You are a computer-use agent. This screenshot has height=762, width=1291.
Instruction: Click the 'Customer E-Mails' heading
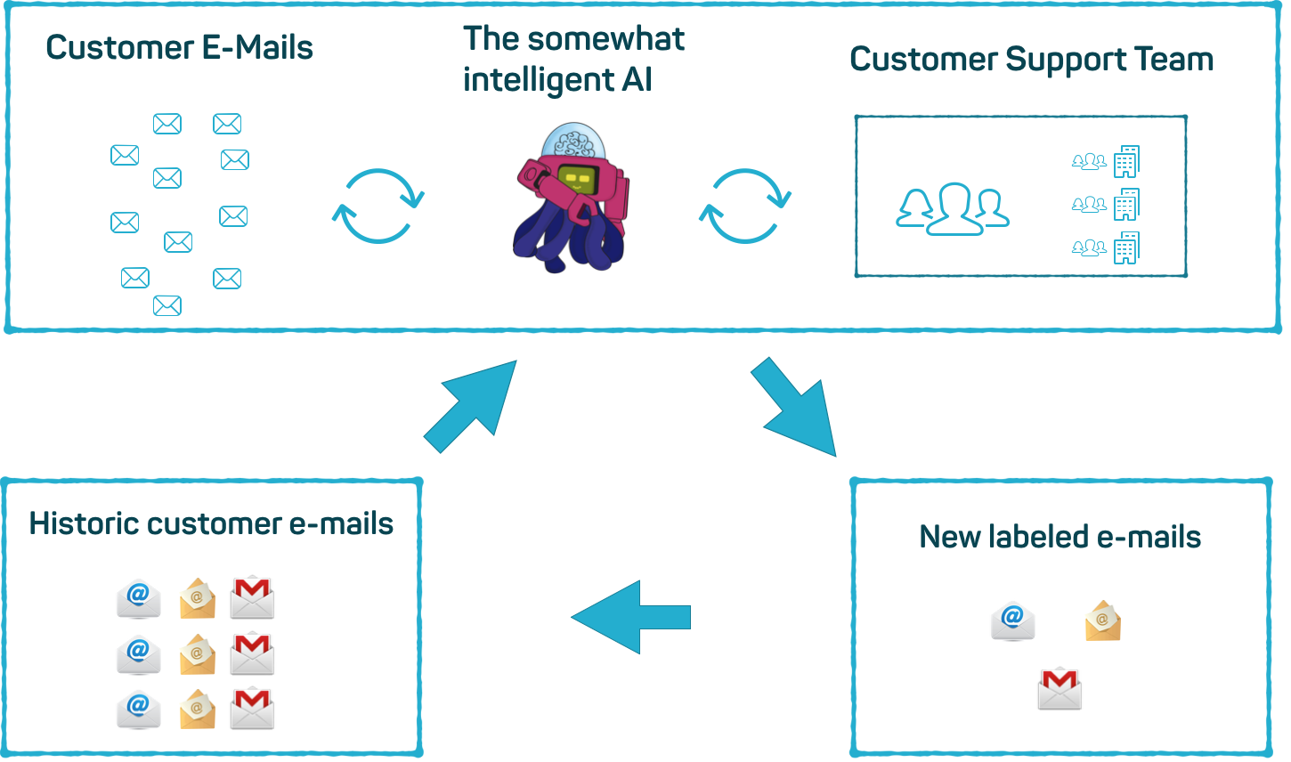(179, 48)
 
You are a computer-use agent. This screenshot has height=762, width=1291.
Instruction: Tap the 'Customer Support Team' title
(1031, 60)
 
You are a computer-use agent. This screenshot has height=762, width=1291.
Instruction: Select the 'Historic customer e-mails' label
(211, 523)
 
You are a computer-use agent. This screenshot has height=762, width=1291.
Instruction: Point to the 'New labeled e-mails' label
(1060, 537)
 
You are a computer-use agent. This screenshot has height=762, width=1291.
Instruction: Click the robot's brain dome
(574, 142)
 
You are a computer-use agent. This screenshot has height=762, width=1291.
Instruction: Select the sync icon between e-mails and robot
(378, 206)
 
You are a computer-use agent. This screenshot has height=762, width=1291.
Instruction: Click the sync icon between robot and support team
(745, 206)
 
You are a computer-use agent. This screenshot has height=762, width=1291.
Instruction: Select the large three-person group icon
(952, 210)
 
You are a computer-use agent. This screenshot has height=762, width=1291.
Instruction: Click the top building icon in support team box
(1126, 162)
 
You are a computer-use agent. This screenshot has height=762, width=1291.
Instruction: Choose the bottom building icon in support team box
(1126, 248)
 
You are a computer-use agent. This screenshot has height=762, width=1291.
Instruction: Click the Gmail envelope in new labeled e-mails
(1060, 689)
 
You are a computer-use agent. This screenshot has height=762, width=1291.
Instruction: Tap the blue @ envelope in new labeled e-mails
(1012, 621)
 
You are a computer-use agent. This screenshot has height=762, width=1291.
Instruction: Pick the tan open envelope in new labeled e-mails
(1103, 621)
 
